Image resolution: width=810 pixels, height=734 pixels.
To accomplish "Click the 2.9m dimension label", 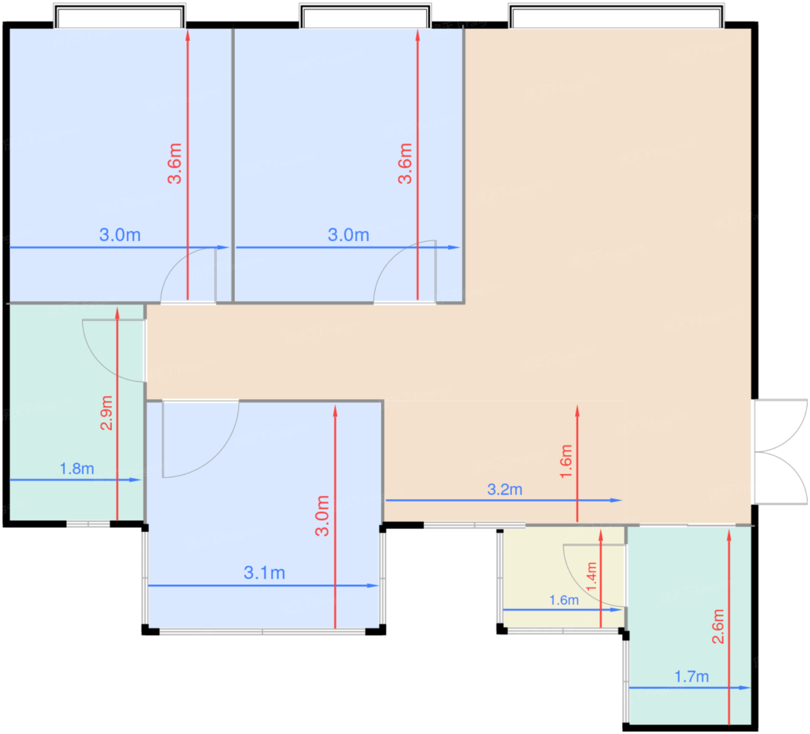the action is (106, 412).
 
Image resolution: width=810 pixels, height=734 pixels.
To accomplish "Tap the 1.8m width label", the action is (77, 469).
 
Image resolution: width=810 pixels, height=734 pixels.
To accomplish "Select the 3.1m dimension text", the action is (264, 573).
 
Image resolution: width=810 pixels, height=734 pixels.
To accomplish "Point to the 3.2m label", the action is (505, 489).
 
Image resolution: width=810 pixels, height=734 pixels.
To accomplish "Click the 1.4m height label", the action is (591, 576).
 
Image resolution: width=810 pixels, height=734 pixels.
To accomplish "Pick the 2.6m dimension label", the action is (718, 626).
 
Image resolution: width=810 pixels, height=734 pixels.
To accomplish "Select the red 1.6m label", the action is (566, 462).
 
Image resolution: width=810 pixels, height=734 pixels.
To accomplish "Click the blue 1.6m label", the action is (564, 600).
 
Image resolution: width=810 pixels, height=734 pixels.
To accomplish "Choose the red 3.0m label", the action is (322, 516).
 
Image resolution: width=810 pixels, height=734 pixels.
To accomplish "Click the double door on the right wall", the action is (780, 452).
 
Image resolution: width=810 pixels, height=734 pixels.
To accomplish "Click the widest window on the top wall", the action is (616, 16).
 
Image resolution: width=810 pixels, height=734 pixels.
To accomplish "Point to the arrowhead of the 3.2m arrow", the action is (616, 500).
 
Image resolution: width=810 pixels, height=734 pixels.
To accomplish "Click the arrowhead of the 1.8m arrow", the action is (135, 480).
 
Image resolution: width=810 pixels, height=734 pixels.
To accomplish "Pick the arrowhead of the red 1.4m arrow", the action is (601, 536).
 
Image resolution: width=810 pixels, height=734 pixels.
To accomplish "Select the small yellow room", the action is (563, 578).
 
